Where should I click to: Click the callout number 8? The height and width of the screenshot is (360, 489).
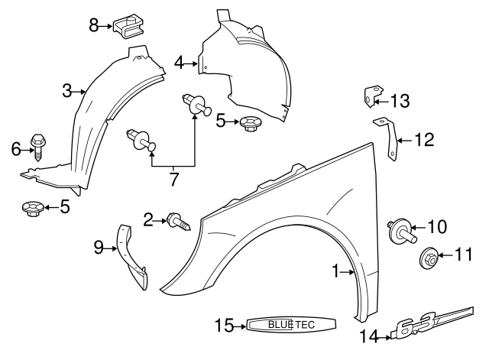tap(94, 25)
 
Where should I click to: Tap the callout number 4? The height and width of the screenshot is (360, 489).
tap(178, 63)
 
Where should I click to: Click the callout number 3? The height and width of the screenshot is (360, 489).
tap(67, 91)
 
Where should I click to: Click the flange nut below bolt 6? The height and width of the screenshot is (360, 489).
tap(34, 207)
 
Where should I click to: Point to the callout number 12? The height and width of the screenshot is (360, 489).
tap(424, 139)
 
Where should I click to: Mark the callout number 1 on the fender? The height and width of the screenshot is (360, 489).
tap(335, 271)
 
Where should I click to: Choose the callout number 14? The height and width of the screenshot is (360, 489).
tap(368, 334)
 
